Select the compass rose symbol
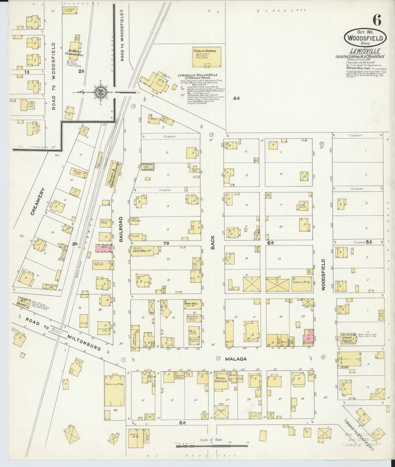(98, 92)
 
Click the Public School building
(206, 57)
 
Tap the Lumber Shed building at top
(70, 10)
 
